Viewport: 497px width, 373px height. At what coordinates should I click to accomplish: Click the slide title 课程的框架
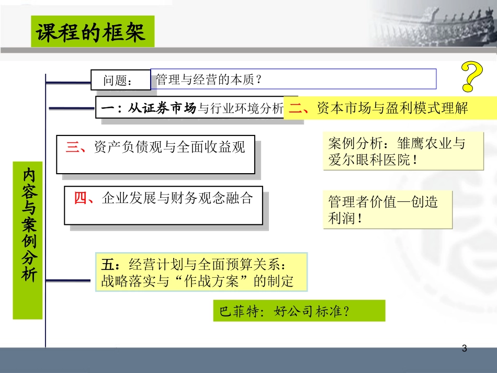93,32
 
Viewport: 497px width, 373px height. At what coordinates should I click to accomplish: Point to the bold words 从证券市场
162,109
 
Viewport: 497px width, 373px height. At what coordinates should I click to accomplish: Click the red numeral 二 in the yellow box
297,108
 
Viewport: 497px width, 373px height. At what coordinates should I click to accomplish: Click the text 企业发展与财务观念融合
178,198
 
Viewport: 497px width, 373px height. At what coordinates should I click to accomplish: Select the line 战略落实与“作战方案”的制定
197,281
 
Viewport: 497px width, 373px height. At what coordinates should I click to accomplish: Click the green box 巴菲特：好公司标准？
299,311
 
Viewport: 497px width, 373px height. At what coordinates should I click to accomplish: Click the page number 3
465,348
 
